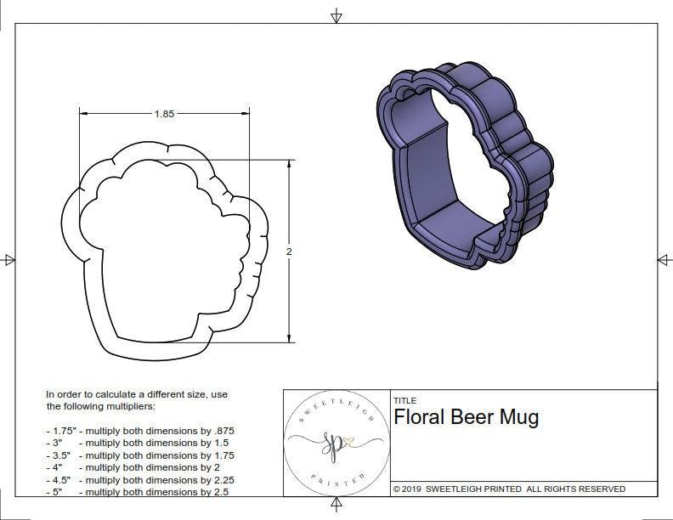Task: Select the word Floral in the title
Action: coord(422,417)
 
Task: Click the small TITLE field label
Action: coord(404,400)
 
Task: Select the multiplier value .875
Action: coord(221,431)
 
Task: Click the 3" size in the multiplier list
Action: coord(57,443)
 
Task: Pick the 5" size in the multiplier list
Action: coord(57,491)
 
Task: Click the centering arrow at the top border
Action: coord(336,14)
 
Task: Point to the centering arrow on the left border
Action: coord(9,259)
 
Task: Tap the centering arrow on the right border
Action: coord(664,259)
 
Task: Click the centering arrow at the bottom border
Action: coord(336,506)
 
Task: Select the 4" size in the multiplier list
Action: coord(57,467)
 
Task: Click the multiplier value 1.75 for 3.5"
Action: coord(220,455)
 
